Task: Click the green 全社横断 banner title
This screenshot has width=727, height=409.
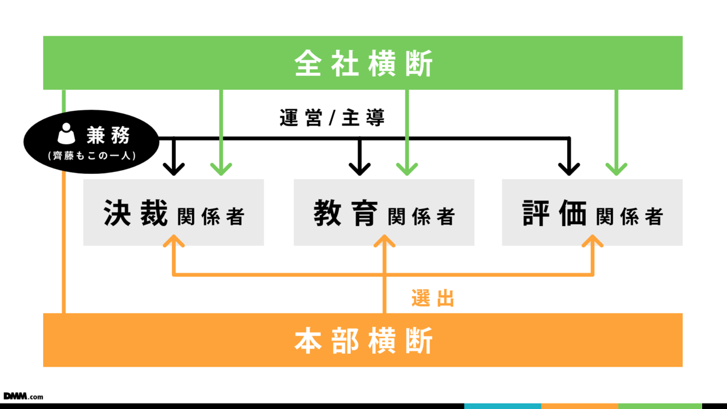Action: click(x=363, y=64)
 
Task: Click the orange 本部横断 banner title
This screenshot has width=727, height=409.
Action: click(x=363, y=341)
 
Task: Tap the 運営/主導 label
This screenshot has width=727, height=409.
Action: click(x=333, y=118)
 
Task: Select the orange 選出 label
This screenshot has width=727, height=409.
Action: click(x=433, y=298)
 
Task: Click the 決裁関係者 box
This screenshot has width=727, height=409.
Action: click(x=173, y=213)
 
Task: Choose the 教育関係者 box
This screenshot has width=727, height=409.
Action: click(x=384, y=213)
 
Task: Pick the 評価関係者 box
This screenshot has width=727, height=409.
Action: click(x=592, y=213)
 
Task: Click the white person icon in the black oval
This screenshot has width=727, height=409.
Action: click(x=66, y=134)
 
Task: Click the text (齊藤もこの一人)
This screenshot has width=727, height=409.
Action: click(x=91, y=155)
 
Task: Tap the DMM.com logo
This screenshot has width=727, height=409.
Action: click(x=23, y=396)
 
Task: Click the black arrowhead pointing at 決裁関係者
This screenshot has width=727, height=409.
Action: click(x=174, y=169)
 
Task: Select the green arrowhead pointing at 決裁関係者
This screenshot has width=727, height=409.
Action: click(x=221, y=169)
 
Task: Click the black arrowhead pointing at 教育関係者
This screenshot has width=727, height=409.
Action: click(x=360, y=169)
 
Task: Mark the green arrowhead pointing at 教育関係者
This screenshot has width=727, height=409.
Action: click(x=407, y=169)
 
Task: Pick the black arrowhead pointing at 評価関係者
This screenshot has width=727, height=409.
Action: click(x=569, y=169)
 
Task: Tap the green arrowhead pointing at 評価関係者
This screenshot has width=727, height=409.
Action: click(x=616, y=169)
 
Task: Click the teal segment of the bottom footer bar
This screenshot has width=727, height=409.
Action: click(x=502, y=406)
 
